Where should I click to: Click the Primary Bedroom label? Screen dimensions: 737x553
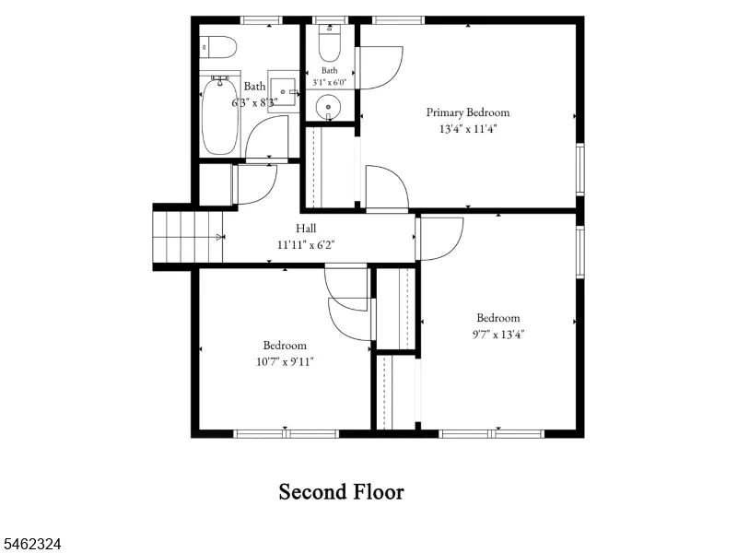click(468, 112)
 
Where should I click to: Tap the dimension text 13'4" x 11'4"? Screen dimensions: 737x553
click(468, 129)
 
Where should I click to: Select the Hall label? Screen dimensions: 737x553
click(306, 229)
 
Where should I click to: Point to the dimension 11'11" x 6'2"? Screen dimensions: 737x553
click(306, 245)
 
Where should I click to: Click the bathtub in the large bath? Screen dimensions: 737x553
click(219, 116)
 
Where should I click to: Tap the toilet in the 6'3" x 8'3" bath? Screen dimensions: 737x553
click(217, 47)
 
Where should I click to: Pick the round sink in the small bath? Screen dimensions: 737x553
click(328, 108)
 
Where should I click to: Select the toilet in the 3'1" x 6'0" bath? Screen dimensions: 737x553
click(330, 42)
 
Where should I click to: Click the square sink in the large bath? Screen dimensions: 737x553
click(285, 91)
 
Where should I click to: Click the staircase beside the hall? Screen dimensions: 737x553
click(188, 237)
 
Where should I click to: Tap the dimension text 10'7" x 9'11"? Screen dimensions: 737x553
click(285, 362)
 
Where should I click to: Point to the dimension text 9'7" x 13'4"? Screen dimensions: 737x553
click(498, 335)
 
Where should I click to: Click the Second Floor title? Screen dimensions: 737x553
click(342, 492)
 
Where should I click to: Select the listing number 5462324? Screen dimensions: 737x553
click(30, 544)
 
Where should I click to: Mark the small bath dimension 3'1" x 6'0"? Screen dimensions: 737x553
click(330, 82)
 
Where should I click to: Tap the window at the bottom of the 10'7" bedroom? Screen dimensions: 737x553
click(286, 433)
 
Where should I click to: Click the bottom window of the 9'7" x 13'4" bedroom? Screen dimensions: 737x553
click(492, 433)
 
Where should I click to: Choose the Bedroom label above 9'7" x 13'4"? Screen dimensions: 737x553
click(498, 318)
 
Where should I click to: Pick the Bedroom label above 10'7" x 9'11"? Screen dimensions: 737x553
click(285, 346)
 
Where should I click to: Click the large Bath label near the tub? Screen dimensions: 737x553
click(255, 87)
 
